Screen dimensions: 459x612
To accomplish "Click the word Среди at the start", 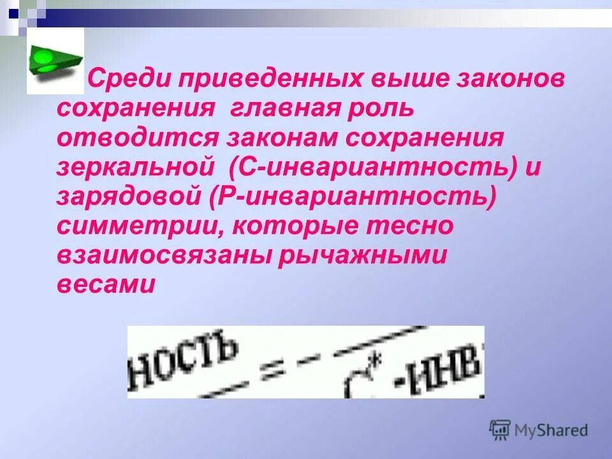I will tap(127, 80).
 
